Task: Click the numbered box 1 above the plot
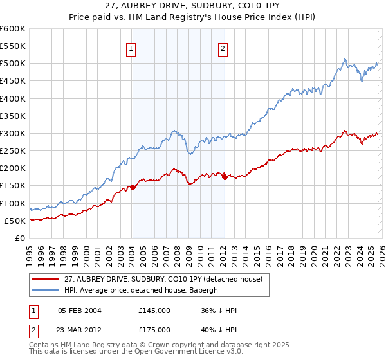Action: (x=131, y=48)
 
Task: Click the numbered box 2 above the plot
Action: (x=223, y=48)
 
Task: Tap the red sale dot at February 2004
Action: (x=133, y=188)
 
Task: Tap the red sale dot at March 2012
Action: (x=225, y=177)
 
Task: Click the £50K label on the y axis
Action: (x=15, y=221)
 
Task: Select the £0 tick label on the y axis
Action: (x=21, y=238)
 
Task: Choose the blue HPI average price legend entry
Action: (x=142, y=291)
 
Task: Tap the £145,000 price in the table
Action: (x=154, y=310)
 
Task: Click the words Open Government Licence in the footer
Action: (x=176, y=353)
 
